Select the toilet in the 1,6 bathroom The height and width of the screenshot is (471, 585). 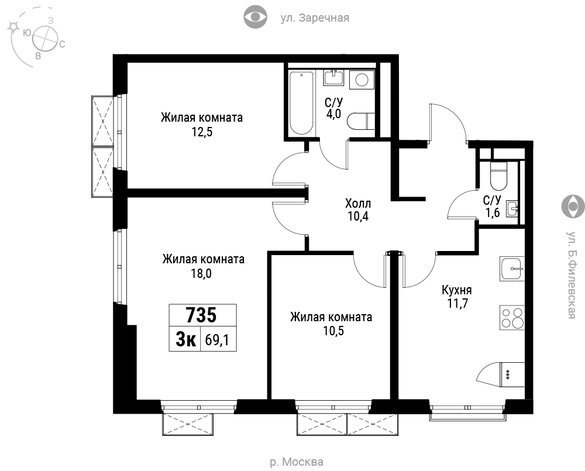(498, 176)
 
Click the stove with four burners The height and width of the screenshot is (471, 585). (512, 318)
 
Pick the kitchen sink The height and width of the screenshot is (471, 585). (512, 269)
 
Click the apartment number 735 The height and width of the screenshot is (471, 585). (201, 315)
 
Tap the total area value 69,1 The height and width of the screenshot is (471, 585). (217, 340)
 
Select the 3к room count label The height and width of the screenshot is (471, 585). (185, 340)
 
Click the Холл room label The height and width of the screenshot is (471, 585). (358, 204)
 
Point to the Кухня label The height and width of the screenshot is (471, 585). (457, 290)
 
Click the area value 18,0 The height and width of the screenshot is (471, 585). (201, 274)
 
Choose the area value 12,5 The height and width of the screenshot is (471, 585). (202, 132)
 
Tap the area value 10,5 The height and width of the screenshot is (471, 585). (333, 331)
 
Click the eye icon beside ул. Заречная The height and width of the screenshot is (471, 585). (255, 17)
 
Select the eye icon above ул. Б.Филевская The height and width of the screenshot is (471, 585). (573, 206)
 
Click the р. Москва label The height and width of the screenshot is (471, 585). (297, 462)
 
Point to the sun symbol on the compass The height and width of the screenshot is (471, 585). (14, 26)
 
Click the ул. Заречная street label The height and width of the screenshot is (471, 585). (315, 18)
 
